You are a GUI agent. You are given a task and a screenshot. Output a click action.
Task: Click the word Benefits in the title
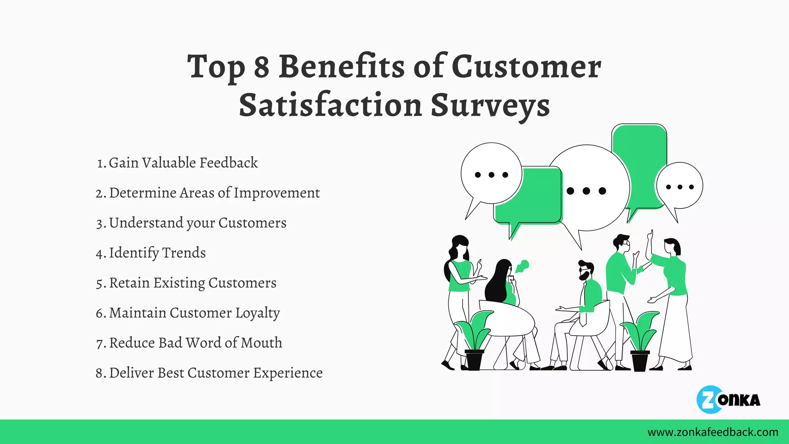tap(341, 66)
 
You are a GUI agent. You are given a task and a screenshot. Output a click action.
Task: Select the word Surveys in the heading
tap(490, 105)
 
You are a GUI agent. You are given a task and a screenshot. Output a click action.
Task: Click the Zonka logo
tap(728, 400)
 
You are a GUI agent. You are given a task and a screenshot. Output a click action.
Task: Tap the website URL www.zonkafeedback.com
tap(713, 432)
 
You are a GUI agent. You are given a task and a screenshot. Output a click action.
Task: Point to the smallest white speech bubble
tap(680, 186)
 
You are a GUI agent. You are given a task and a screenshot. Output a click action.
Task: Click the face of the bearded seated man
tap(585, 273)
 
